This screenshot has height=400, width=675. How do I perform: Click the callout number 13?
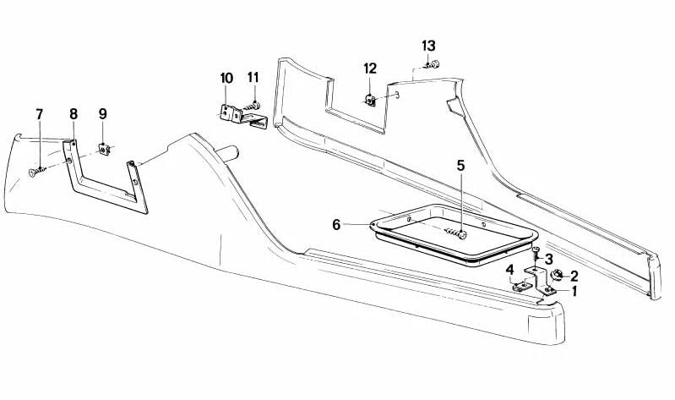[428, 46]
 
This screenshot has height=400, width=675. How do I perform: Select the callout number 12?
[370, 68]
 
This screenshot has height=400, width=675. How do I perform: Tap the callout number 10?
[226, 78]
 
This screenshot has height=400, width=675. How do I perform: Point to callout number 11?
[253, 78]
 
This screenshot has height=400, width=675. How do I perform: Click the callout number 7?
[40, 115]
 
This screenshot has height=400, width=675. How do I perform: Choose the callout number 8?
[73, 114]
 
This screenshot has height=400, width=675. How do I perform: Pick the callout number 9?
[102, 114]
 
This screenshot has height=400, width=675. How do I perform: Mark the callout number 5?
[461, 165]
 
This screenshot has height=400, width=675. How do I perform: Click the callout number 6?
[336, 225]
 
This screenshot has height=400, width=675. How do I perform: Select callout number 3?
[549, 260]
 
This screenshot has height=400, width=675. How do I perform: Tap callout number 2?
[574, 277]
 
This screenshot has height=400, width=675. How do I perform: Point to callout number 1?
[574, 292]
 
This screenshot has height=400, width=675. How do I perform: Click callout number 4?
[510, 271]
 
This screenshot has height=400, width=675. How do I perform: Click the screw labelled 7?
[37, 172]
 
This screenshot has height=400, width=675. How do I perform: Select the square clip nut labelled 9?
[104, 149]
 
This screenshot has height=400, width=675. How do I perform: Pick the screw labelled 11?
[253, 106]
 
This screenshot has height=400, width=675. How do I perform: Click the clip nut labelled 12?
[370, 100]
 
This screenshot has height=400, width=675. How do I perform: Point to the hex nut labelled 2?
[557, 274]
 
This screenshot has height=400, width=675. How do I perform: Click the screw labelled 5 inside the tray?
[456, 233]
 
